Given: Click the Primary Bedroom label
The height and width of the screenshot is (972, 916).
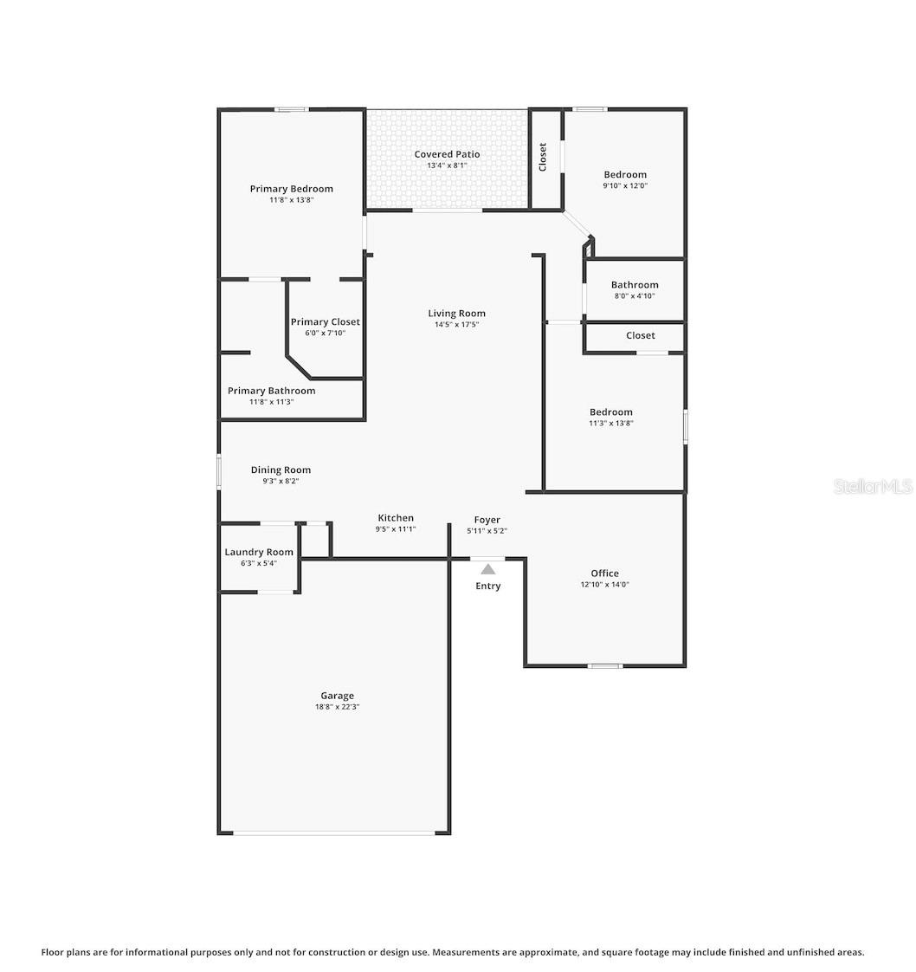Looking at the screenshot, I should pos(291,189).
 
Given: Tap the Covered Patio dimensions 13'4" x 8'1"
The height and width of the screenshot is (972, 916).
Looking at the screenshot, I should pos(447,165).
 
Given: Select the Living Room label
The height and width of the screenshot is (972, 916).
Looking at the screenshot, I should pos(456,314).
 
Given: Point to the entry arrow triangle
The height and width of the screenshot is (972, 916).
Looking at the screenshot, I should pos(488,569).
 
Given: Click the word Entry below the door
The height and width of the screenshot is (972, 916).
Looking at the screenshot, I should pos(488,586).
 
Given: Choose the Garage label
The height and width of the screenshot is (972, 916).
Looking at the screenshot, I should pos(337,696).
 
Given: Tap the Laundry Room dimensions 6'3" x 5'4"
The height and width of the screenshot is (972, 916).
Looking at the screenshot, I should pos(259,563).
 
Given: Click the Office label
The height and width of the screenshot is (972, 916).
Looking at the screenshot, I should pos(604,573).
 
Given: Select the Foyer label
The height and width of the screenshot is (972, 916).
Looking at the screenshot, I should pos(487,520).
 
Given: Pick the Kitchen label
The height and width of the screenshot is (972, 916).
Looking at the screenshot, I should pos(396,518).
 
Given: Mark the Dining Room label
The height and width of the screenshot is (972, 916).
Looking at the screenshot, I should pos(281,470).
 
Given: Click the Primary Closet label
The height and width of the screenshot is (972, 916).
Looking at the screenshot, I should pos(325,322).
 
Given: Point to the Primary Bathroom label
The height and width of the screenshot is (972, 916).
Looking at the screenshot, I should pos(271,391).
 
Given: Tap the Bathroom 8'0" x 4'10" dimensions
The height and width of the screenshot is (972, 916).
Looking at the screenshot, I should pos(635,295).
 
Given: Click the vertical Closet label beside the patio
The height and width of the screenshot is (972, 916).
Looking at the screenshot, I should pos(543,157).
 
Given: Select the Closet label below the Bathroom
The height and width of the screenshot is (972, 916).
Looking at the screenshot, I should pos(641,335).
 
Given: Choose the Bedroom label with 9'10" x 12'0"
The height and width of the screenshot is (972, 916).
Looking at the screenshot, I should pos(625,175).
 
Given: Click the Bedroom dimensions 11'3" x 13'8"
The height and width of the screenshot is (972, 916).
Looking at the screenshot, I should pos(611,424).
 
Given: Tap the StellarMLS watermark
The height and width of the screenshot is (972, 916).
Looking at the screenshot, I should pos(873,487).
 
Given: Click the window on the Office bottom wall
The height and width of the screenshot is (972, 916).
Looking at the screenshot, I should pos(604,665).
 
